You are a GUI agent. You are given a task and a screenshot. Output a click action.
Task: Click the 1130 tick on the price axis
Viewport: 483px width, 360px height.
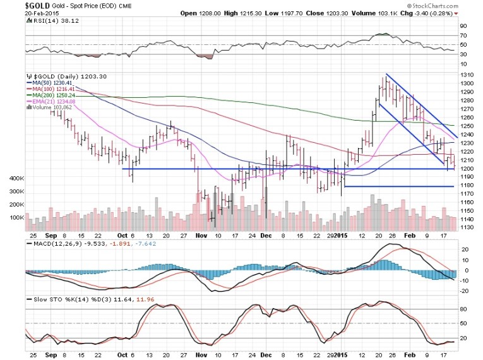467,227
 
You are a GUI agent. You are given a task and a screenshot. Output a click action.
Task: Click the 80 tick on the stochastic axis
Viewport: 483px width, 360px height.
464,309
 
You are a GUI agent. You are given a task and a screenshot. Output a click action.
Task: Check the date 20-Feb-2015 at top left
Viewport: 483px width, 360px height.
22,13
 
